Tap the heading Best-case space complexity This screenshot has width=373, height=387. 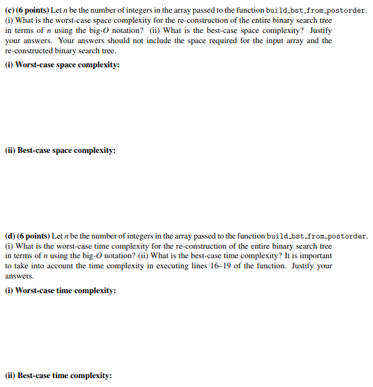tap(67, 150)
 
